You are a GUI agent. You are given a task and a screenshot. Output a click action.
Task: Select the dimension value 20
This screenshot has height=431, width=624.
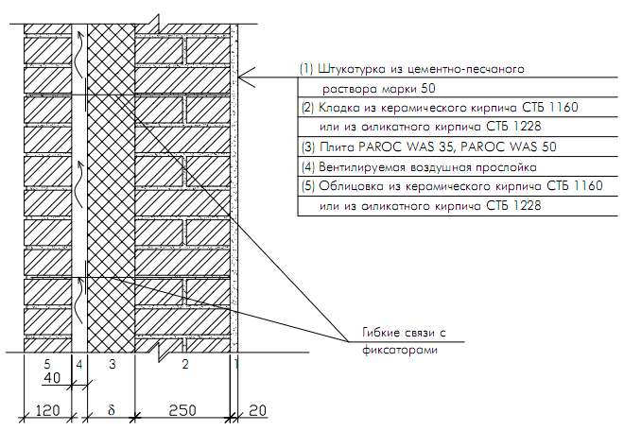click(256, 411)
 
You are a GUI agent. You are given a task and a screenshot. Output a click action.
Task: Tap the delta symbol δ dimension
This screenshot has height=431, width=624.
click(111, 411)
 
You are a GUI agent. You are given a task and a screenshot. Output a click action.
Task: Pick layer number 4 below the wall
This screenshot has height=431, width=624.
click(79, 364)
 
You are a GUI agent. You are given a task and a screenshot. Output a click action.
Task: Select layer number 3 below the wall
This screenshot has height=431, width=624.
click(111, 364)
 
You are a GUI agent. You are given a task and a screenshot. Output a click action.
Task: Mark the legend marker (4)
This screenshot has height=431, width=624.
click(306, 166)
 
